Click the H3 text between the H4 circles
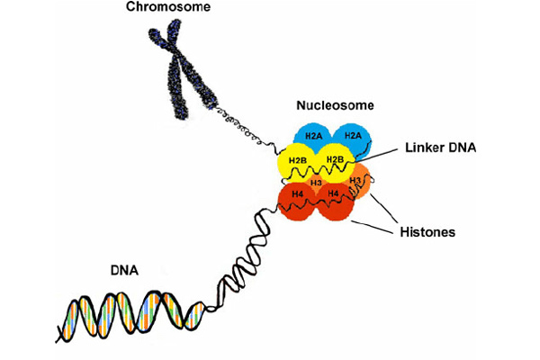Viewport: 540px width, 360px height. click(x=315, y=183)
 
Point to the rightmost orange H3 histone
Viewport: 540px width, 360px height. click(x=357, y=182)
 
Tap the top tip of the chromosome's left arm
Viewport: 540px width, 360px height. click(x=153, y=35)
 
